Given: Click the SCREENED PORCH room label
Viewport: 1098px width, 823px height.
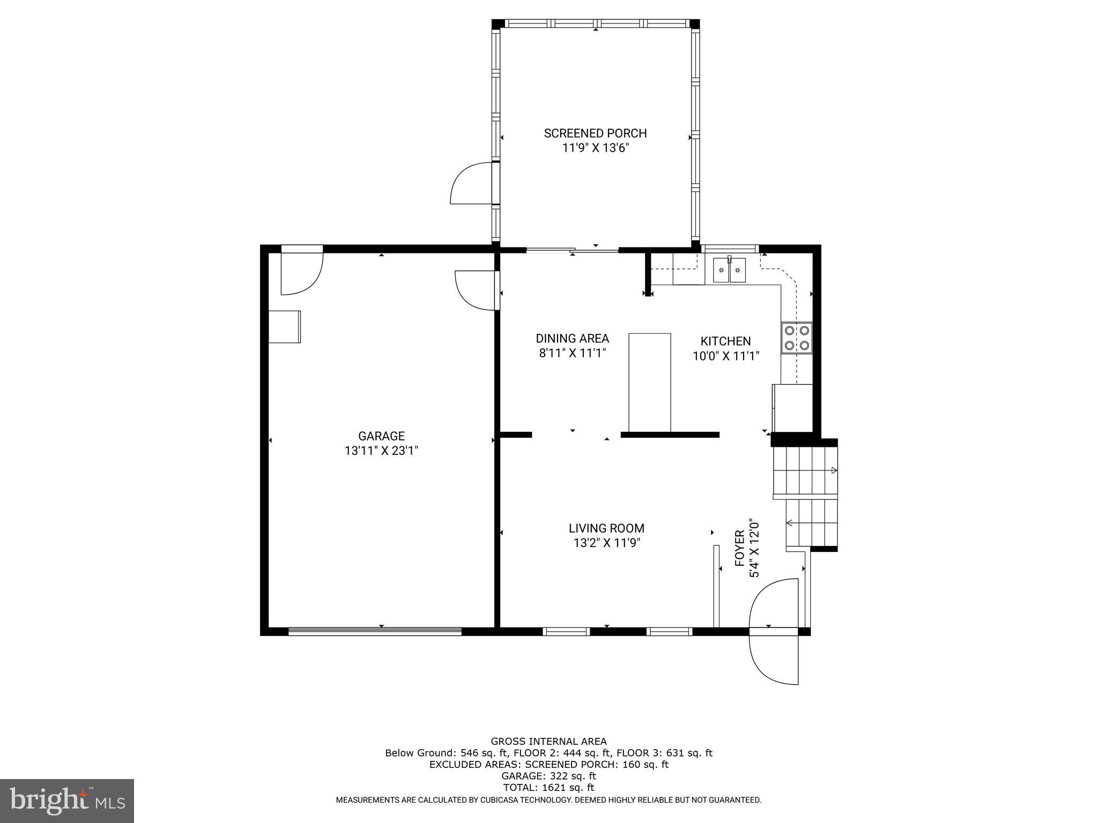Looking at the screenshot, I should [595, 133].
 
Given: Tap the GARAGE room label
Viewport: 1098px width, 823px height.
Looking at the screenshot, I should [381, 436].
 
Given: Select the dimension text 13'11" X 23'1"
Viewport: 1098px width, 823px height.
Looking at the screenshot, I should [381, 451].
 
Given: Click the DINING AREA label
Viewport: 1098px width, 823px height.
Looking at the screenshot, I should [572, 339].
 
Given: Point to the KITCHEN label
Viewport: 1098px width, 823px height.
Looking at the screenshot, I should [725, 341].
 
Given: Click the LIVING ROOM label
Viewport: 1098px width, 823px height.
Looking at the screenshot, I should [606, 528].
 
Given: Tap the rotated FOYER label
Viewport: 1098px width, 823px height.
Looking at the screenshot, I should [739, 549].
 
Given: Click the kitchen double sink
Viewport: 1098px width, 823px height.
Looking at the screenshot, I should [729, 271].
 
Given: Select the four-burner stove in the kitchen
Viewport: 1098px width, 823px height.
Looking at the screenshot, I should [797, 338].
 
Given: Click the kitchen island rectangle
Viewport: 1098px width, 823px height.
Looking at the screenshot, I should [649, 382].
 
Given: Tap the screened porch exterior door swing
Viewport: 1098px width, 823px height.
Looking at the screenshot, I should [469, 184].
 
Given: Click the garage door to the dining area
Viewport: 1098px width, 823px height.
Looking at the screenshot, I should [476, 290].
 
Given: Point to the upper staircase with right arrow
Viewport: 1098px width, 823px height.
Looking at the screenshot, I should [805, 470].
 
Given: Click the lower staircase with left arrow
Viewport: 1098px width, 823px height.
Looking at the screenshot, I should [811, 523].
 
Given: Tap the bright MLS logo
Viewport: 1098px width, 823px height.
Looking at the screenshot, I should [67, 800].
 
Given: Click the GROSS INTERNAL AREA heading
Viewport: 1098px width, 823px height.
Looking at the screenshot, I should [548, 742].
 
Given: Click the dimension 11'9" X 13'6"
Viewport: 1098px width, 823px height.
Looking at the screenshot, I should [595, 148].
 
